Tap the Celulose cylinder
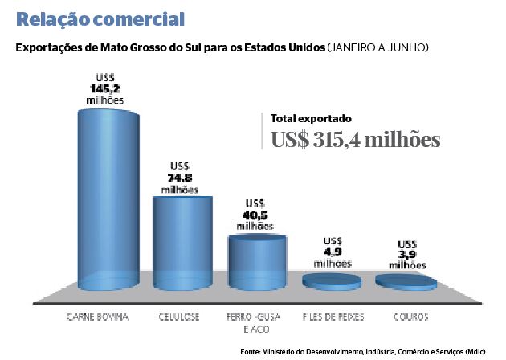183,241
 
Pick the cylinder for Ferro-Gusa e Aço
257,261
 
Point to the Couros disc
406,281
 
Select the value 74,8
179,178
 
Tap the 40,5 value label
255,215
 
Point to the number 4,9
333,252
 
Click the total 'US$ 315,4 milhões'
355,139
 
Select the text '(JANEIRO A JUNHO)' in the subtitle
377,48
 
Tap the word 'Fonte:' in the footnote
251,351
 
